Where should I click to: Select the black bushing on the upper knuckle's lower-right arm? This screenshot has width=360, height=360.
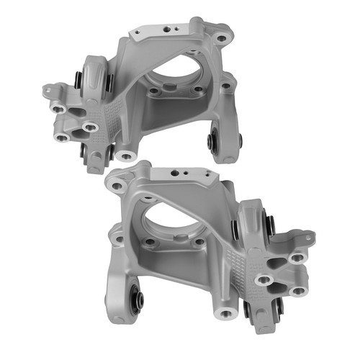pos(213,140)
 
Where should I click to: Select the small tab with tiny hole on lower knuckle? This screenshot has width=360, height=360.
pos(308,236)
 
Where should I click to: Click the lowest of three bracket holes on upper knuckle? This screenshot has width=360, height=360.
pos(63,137)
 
